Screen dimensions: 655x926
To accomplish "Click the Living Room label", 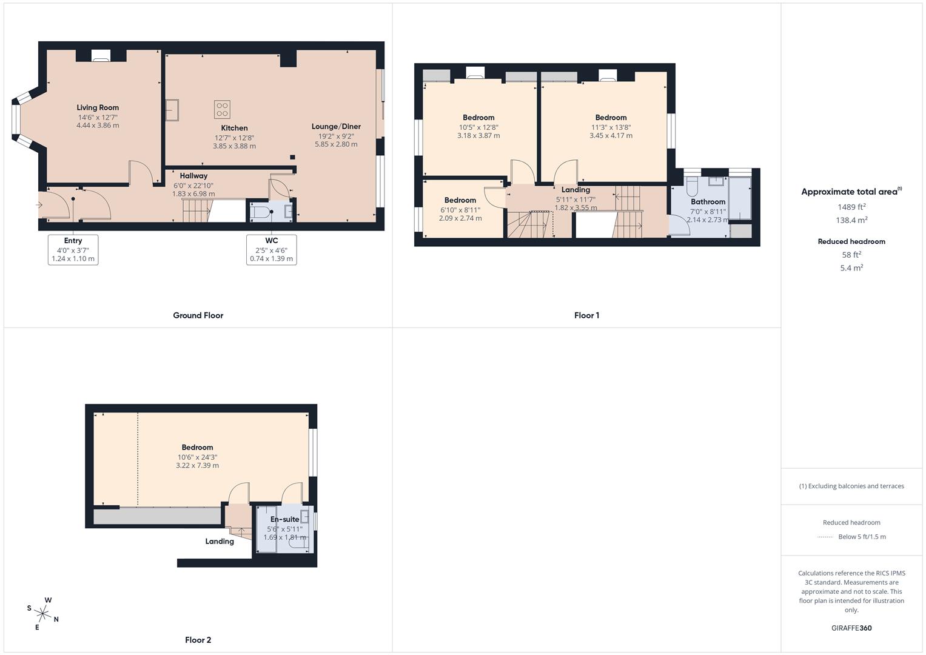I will pyautogui.click(x=98, y=108).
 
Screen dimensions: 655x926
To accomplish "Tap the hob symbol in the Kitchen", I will pyautogui.click(x=222, y=109).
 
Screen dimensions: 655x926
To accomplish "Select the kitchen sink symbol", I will pyautogui.click(x=172, y=110).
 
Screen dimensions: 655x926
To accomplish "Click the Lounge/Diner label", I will pyautogui.click(x=336, y=127).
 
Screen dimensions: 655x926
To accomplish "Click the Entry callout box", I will pyautogui.click(x=73, y=249).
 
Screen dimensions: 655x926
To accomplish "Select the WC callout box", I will pyautogui.click(x=271, y=249).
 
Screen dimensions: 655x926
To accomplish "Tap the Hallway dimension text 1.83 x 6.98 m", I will pyautogui.click(x=193, y=194).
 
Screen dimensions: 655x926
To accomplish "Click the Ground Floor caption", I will pyautogui.click(x=198, y=315).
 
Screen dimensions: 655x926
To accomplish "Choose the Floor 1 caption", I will pyautogui.click(x=586, y=315).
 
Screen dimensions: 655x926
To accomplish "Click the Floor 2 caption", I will pyautogui.click(x=198, y=640).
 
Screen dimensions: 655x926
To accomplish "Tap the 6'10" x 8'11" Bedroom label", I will pyautogui.click(x=460, y=200).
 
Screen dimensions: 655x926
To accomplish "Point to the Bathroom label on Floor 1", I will pyautogui.click(x=708, y=202).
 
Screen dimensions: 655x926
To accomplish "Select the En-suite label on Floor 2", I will pyautogui.click(x=284, y=520).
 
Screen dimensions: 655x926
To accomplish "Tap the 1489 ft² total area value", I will pyautogui.click(x=851, y=207).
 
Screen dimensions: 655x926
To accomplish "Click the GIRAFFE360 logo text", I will pyautogui.click(x=851, y=628).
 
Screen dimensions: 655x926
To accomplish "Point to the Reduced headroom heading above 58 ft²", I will pyautogui.click(x=851, y=241).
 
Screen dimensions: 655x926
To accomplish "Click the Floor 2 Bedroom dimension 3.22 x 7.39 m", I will pyautogui.click(x=197, y=466).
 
